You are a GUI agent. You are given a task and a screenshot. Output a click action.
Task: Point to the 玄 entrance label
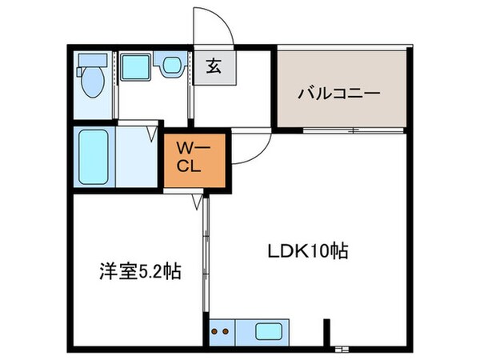coord(215,68)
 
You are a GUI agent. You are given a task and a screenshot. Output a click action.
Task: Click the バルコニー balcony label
coord(338,93)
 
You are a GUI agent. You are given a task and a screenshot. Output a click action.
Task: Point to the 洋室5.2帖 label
coord(134,272)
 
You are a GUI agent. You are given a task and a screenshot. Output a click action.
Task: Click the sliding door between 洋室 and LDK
coord(206,256)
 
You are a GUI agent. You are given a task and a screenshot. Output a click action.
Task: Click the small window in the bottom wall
coord(342,349)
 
